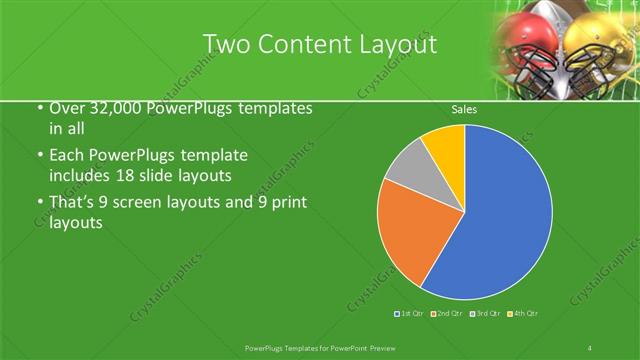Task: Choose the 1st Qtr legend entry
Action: click(x=410, y=314)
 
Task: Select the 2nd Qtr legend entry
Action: click(x=447, y=314)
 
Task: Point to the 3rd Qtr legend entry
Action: click(x=485, y=314)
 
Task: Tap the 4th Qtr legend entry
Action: click(x=523, y=314)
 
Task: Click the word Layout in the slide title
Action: click(x=400, y=45)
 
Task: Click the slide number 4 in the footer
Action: click(x=590, y=347)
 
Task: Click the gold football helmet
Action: click(x=600, y=45)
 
